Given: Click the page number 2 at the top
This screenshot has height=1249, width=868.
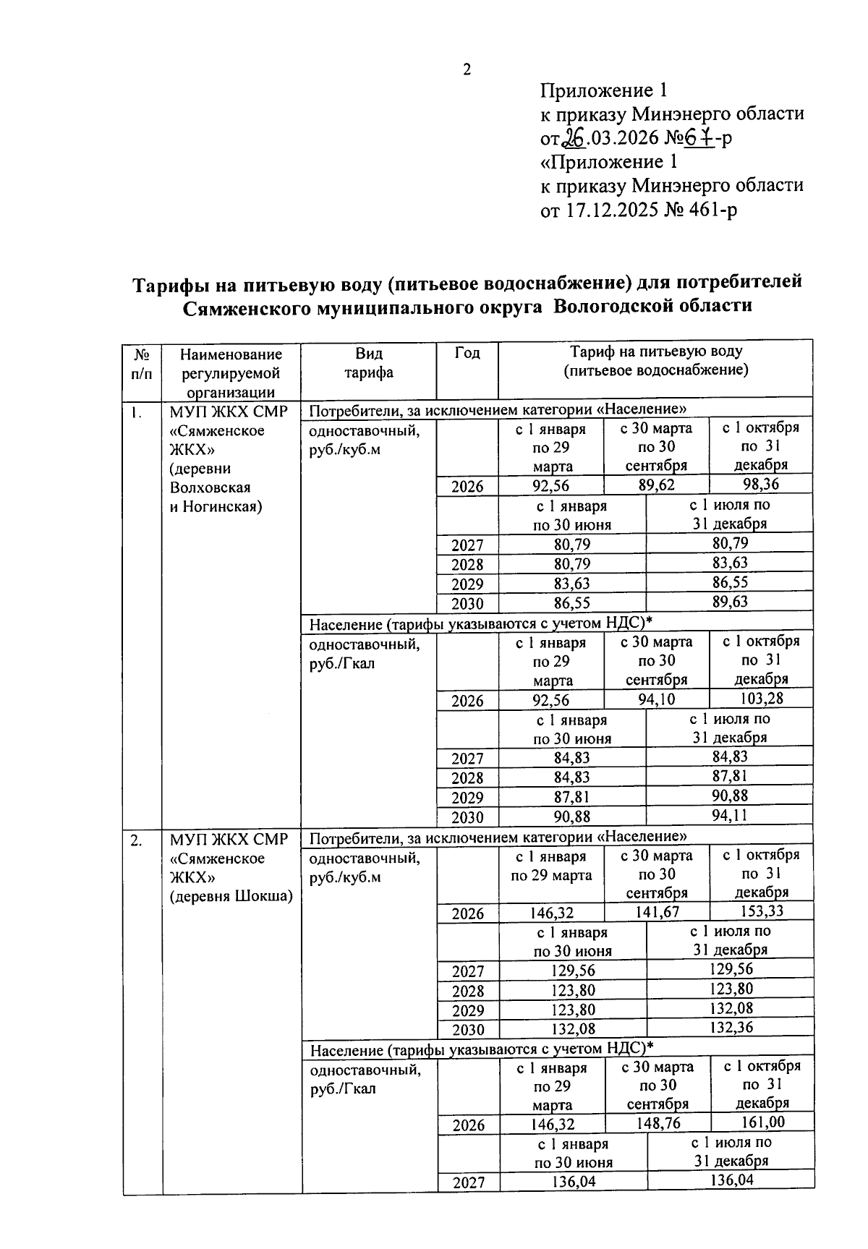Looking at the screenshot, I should (467, 70).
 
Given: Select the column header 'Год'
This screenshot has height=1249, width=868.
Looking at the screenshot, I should (467, 354).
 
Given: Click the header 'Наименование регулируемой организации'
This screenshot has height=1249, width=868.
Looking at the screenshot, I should (231, 373).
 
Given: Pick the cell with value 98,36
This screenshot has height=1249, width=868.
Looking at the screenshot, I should (761, 484).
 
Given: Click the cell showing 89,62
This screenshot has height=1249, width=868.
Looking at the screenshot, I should (656, 484).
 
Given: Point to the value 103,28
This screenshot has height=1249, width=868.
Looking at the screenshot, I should (761, 699).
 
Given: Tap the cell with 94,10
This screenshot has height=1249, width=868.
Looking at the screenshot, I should (656, 699).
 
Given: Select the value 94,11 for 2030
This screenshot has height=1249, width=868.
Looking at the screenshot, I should (729, 816).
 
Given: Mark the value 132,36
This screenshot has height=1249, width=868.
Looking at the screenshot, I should (731, 1028).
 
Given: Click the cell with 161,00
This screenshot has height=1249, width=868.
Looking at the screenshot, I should (762, 1122).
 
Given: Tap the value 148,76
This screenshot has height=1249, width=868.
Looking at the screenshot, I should (658, 1123).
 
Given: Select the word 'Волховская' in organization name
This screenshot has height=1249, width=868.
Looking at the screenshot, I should (210, 487).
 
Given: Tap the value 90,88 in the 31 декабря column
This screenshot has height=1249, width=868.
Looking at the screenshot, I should (729, 796).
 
